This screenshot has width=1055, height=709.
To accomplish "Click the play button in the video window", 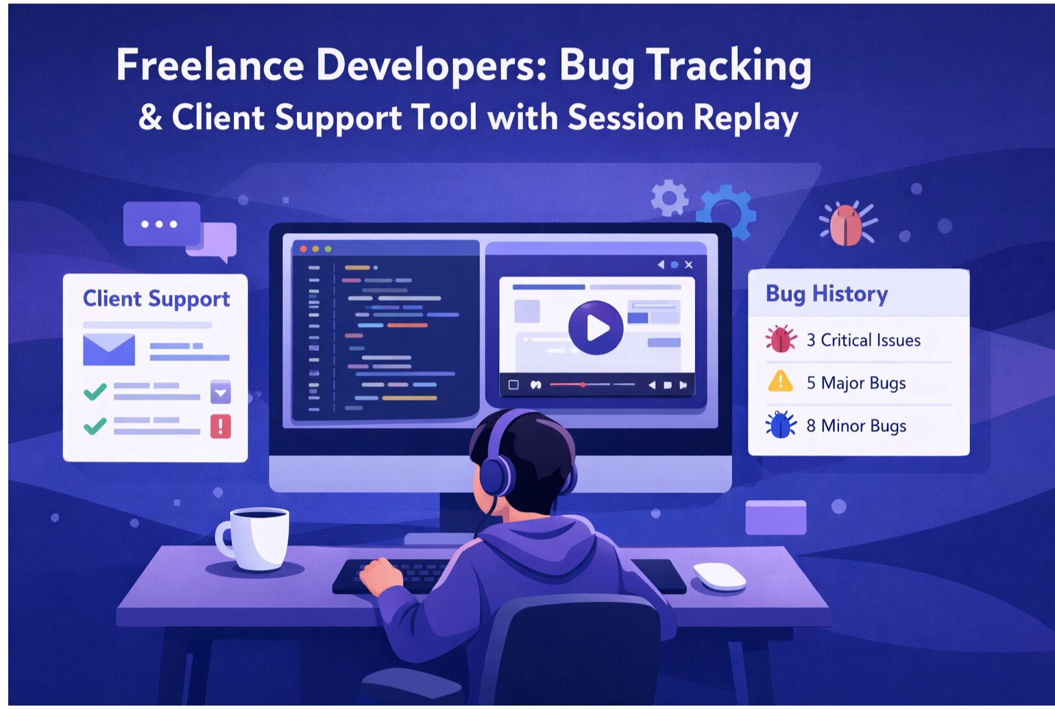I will tap(596, 328).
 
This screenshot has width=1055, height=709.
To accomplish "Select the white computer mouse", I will tap(719, 575).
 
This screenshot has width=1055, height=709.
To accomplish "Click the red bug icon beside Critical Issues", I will tap(781, 339).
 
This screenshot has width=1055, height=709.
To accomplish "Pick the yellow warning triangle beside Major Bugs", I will tap(780, 381).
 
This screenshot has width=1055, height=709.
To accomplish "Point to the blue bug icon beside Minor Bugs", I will tap(781, 425).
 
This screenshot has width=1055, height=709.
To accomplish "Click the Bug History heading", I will tap(826, 293).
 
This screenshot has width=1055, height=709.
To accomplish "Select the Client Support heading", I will tap(156, 299).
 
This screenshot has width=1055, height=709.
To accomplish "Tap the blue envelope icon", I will tap(109, 350).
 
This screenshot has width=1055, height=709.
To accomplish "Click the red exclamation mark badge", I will tap(220, 426).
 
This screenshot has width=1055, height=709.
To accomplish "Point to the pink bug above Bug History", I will tap(847, 224).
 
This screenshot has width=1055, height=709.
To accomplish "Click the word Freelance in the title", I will tap(210, 66).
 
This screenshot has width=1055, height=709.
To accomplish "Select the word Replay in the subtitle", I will tap(746, 118).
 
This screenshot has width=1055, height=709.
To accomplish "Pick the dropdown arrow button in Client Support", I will tap(220, 393).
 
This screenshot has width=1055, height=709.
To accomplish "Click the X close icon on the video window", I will tap(689, 265).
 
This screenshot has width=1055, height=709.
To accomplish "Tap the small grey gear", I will tap(669, 197).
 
